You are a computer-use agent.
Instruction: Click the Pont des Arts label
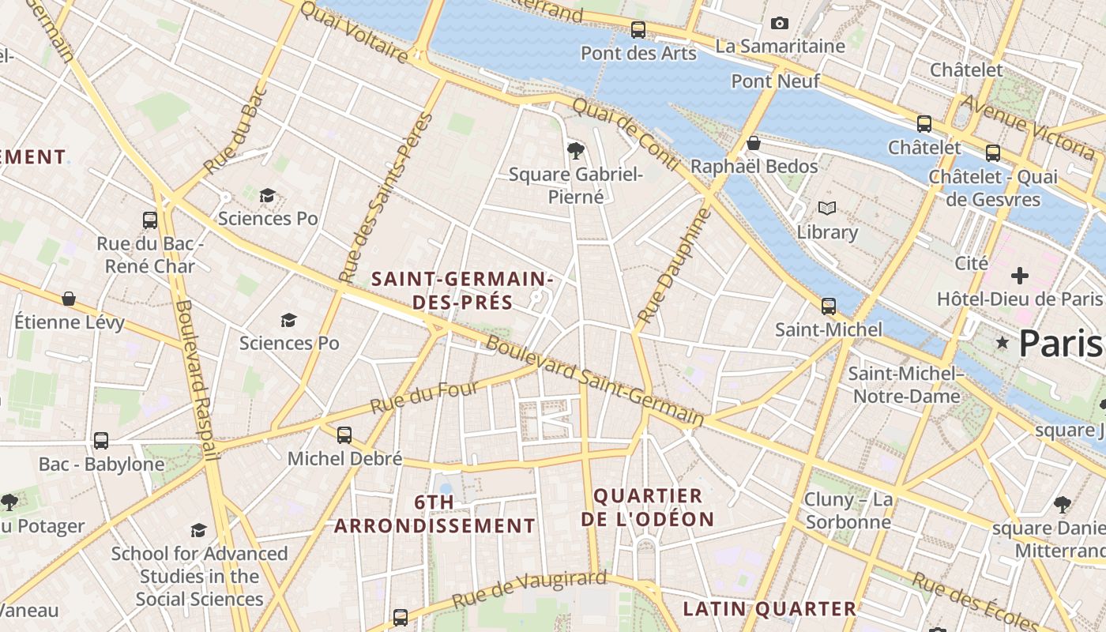tap(638, 53)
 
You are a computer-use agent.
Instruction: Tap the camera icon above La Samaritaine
tap(780, 24)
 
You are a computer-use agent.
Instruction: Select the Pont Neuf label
tap(775, 81)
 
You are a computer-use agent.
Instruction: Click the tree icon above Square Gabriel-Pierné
tap(576, 150)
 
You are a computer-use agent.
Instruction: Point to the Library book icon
tap(827, 209)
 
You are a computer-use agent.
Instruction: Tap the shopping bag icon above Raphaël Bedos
tap(754, 143)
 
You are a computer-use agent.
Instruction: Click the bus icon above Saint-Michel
tap(828, 306)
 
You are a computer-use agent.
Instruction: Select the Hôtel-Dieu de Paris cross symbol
tap(1020, 276)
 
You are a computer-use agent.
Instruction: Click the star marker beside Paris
tap(1003, 343)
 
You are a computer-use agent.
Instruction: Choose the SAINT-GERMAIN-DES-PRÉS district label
tap(461, 290)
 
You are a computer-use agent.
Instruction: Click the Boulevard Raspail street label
tap(195, 379)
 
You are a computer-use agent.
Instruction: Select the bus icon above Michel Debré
tap(344, 434)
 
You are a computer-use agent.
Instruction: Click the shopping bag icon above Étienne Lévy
tap(69, 299)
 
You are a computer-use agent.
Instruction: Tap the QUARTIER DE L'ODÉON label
tap(648, 507)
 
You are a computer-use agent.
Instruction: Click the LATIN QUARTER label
tap(769, 608)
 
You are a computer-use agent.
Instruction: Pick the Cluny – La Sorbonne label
tap(848, 510)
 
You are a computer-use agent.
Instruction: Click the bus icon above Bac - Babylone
tap(101, 440)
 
